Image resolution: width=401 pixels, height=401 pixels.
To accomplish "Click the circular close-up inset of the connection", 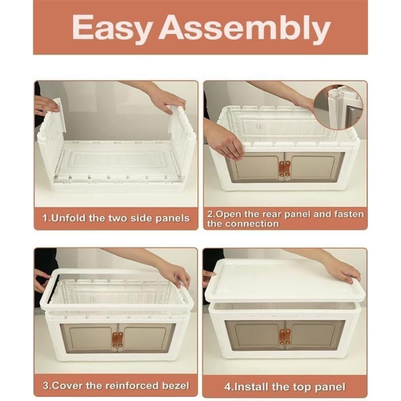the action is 338,107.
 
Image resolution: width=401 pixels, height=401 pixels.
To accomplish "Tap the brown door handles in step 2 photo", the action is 285,169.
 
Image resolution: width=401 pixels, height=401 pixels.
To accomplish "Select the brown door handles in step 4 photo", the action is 285,336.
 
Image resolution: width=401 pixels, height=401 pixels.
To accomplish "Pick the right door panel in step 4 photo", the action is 315,335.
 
